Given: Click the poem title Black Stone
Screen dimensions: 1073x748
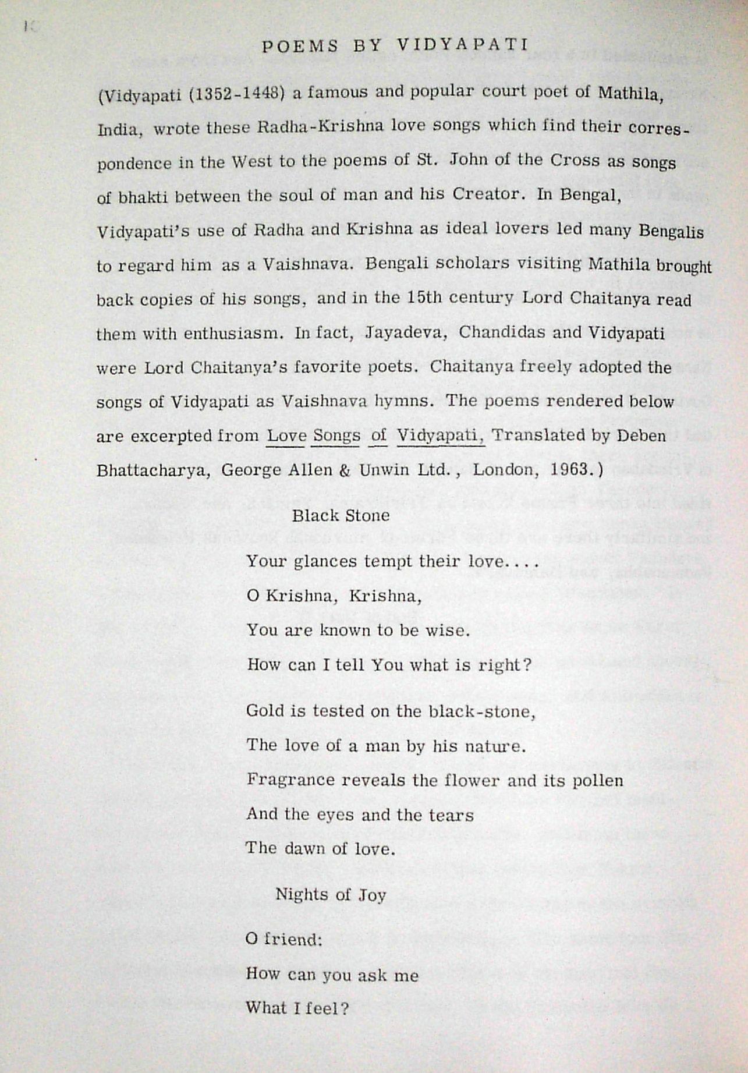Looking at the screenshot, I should coord(341,515).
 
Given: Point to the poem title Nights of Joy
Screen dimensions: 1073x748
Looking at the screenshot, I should coord(331,894).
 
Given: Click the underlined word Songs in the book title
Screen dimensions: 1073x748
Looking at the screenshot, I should coord(335,435).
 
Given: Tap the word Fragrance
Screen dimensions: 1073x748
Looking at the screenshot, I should coord(289,780).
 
